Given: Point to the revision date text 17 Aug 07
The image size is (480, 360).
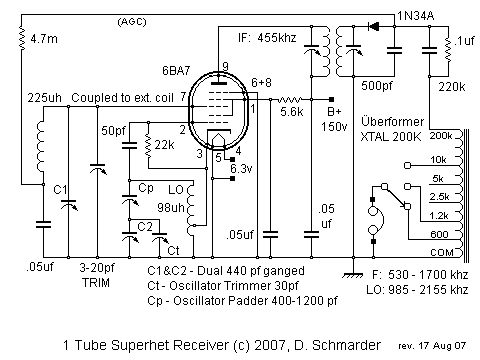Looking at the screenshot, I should click(426, 346).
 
